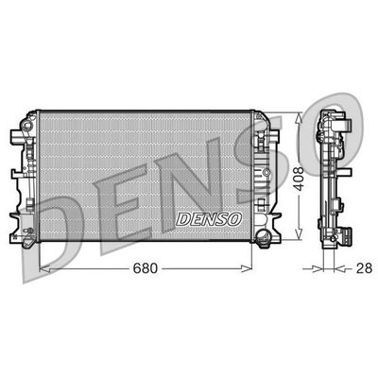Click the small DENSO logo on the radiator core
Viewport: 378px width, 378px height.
click(209, 218)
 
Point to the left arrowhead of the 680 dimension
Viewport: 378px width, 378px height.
click(40, 268)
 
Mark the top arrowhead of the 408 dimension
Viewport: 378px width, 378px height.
click(300, 116)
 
